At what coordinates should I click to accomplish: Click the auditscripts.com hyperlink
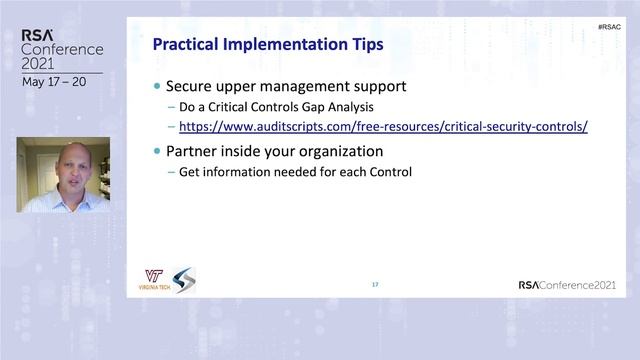coord(383,127)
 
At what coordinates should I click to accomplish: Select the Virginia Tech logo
coord(154,280)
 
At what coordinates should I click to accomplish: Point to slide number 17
coord(375,285)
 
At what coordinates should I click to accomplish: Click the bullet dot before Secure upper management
coord(156,87)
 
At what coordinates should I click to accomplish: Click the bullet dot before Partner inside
coord(156,152)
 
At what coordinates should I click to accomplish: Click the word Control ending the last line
coord(391,172)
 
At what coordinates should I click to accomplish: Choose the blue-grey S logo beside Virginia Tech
coord(184,280)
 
